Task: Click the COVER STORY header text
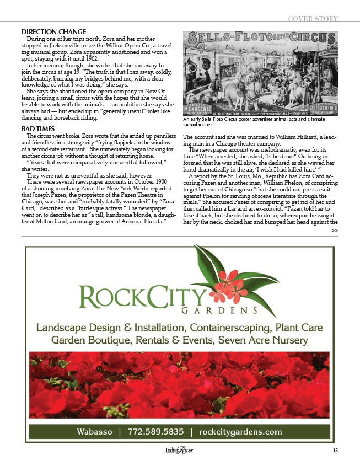coord(313,19)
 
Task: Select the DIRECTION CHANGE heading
coord(53,31)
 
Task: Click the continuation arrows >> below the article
coord(334,230)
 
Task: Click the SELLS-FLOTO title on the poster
coord(237,39)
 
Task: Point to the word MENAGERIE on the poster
coord(204,94)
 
